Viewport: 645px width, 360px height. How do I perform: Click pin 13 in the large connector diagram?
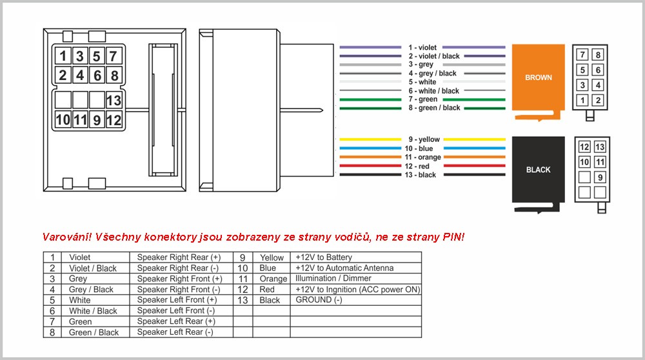pyautogui.click(x=114, y=100)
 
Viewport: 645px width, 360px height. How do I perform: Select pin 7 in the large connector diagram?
pyautogui.click(x=114, y=56)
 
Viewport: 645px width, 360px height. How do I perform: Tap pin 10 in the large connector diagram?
pyautogui.click(x=63, y=120)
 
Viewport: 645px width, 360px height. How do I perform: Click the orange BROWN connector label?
pyautogui.click(x=538, y=77)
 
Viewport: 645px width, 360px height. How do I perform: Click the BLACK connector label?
pyautogui.click(x=538, y=170)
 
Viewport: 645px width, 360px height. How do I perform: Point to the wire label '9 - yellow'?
pyautogui.click(x=424, y=139)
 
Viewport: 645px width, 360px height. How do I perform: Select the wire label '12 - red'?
pyautogui.click(x=417, y=166)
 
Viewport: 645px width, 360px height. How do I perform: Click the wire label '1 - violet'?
pyautogui.click(x=422, y=48)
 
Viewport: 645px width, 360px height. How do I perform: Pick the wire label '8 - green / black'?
pyautogui.click(x=434, y=108)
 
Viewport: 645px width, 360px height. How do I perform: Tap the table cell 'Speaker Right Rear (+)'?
pyautogui.click(x=179, y=257)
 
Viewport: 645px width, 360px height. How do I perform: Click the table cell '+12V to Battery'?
pyautogui.click(x=324, y=257)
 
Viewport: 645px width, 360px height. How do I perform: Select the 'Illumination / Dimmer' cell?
pyautogui.click(x=333, y=279)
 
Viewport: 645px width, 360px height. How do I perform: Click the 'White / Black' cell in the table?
pyautogui.click(x=93, y=310)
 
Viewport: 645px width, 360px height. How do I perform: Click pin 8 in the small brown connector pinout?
pyautogui.click(x=598, y=55)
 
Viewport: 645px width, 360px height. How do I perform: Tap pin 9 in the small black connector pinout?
pyautogui.click(x=600, y=177)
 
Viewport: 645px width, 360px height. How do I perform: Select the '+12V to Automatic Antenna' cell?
pyautogui.click(x=344, y=268)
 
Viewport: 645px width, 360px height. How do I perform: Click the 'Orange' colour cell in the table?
pyautogui.click(x=273, y=279)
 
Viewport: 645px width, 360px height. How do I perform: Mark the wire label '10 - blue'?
pyautogui.click(x=419, y=148)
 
